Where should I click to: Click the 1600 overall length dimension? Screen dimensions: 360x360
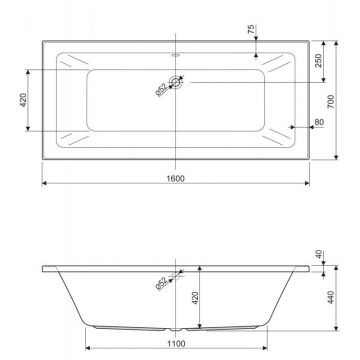point(175,178)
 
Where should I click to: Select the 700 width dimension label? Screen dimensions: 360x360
point(330,101)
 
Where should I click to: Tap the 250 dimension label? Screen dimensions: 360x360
point(318,60)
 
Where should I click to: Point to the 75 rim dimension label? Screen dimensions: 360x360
point(251,29)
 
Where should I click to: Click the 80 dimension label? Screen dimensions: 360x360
point(319,122)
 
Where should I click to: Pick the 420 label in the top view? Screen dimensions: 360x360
point(23,100)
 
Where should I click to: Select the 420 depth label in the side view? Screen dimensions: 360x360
point(195,298)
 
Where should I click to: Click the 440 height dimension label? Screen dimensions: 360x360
point(330,297)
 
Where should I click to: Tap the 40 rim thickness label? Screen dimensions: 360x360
point(319,255)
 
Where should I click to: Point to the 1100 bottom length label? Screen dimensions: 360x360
point(176,343)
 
